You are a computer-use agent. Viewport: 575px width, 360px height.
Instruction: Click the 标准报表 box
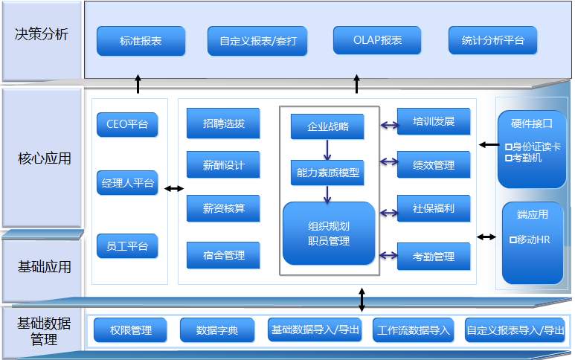click(141, 40)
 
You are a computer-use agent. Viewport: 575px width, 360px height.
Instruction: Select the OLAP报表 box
click(377, 40)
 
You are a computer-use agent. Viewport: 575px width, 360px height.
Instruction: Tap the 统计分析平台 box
click(492, 40)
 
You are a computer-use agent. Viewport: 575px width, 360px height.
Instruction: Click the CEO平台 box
click(127, 124)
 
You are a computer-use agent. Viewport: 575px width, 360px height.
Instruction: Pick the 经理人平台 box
click(127, 182)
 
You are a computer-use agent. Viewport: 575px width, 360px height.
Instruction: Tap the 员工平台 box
click(127, 245)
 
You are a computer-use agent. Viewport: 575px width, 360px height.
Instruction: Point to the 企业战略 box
click(327, 126)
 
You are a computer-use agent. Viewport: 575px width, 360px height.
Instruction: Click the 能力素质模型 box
click(327, 173)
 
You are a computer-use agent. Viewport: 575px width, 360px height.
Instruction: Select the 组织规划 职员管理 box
click(328, 234)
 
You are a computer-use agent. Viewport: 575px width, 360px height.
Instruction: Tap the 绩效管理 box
click(434, 164)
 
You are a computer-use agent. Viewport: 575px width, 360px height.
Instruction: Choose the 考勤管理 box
click(434, 257)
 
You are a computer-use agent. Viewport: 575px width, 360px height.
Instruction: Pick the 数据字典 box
click(217, 330)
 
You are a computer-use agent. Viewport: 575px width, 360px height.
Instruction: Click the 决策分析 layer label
click(42, 33)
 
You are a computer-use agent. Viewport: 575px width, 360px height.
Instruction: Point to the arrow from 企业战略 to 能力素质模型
click(327, 150)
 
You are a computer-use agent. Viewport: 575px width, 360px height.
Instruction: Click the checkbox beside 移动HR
click(513, 240)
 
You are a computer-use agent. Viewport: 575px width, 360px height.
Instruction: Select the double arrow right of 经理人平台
click(173, 189)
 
